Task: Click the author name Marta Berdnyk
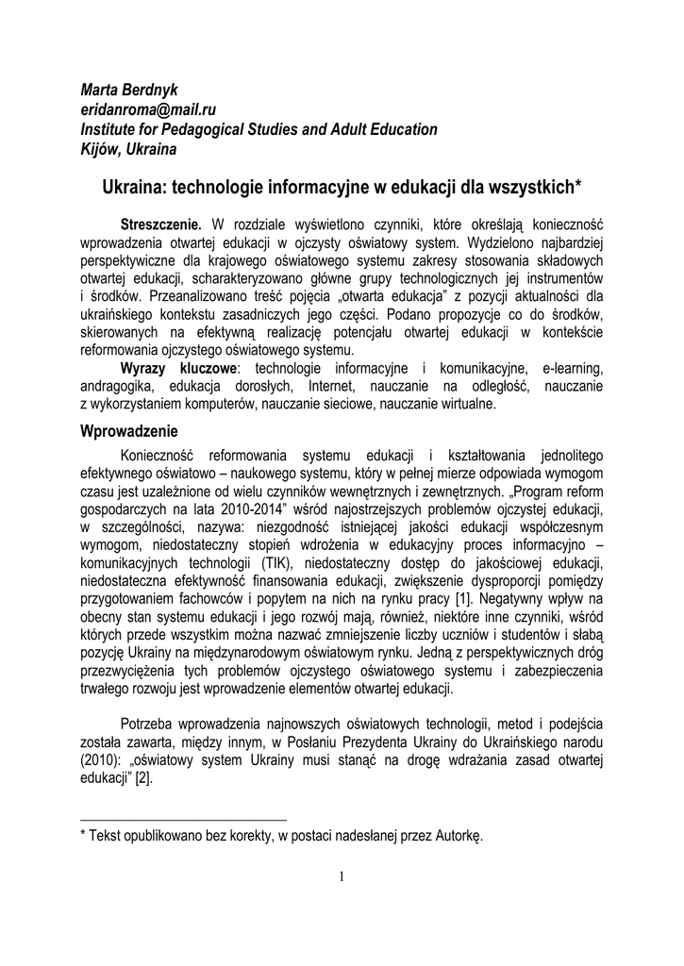click(128, 91)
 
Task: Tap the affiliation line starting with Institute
click(259, 129)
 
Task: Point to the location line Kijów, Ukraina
click(129, 148)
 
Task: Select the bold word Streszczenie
click(160, 226)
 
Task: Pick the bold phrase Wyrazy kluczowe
click(180, 367)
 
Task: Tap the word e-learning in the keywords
click(572, 367)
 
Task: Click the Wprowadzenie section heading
click(129, 431)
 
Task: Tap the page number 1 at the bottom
click(342, 877)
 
